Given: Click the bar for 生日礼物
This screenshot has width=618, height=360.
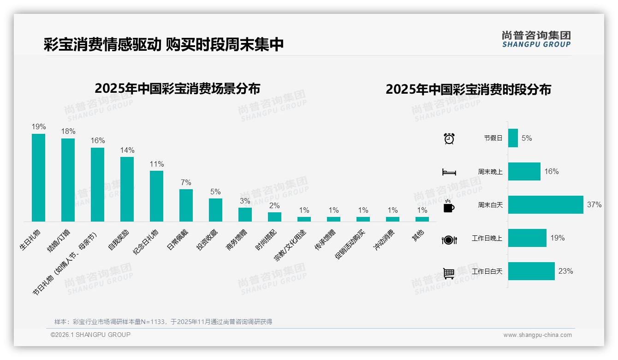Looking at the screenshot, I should [x=38, y=178].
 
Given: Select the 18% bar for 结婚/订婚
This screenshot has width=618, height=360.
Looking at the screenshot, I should [x=68, y=180].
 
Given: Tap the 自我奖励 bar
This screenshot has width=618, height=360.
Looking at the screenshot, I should [x=127, y=189].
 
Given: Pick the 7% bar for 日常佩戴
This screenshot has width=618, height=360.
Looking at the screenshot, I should [x=186, y=205].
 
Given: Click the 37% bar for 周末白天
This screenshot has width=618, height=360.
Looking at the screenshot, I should [x=546, y=205].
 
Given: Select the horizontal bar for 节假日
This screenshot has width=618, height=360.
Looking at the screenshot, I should [x=513, y=138].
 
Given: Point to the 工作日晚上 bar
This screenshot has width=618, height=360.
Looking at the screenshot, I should [x=527, y=238].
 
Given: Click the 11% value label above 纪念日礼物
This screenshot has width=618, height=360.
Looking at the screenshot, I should [x=156, y=164].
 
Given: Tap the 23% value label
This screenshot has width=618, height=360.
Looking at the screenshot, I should [x=565, y=271].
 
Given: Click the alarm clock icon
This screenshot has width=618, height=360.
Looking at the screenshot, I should [x=449, y=138].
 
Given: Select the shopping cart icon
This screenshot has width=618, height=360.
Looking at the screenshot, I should [x=449, y=273].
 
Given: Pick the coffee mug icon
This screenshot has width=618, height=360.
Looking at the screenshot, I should [x=449, y=206].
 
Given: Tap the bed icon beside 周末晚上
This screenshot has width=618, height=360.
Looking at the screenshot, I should [x=449, y=172].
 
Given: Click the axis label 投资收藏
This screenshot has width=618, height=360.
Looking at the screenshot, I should [x=208, y=240].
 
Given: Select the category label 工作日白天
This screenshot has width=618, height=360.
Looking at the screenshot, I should [x=487, y=271].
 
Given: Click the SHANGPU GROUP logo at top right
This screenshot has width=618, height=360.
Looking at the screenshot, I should [x=536, y=39].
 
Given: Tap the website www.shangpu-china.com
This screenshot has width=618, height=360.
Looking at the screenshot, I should [x=537, y=335].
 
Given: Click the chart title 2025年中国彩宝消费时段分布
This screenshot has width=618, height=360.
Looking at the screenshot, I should [x=468, y=90].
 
